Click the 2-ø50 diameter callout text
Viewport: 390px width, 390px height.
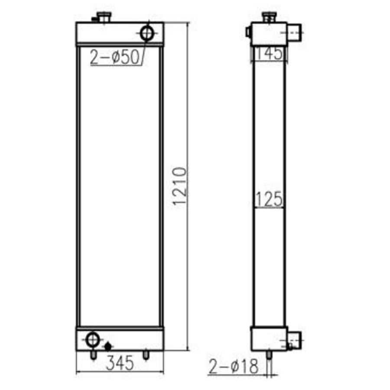pyautogui.click(x=114, y=57)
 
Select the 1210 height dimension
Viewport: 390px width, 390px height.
pyautogui.click(x=179, y=186)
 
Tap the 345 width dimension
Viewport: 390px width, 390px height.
pyautogui.click(x=120, y=363)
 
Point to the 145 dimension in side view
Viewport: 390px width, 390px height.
pyautogui.click(x=270, y=53)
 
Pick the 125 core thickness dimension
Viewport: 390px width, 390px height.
pyautogui.click(x=270, y=199)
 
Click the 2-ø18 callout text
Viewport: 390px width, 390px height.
pyautogui.click(x=234, y=366)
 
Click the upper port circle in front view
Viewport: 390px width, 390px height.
pyautogui.click(x=147, y=33)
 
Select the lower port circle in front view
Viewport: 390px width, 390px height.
pyautogui.click(x=93, y=339)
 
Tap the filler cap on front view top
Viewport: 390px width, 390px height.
pyautogui.click(x=104, y=17)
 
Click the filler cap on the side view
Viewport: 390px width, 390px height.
pyautogui.click(x=270, y=17)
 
